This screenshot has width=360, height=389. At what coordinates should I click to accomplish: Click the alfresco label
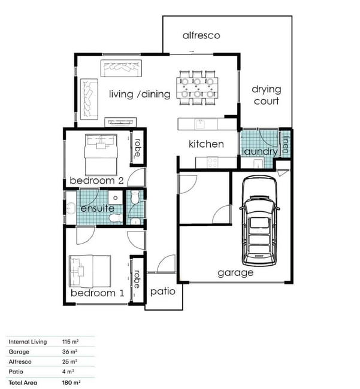201,35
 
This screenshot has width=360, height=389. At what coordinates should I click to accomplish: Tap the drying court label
267,95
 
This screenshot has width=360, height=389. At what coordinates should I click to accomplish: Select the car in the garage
259,221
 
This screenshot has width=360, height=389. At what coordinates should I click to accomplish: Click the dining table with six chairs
198,88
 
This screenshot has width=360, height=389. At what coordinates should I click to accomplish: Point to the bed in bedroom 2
101,155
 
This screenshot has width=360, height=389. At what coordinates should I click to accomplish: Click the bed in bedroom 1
90,271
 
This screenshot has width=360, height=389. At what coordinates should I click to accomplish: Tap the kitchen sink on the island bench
200,123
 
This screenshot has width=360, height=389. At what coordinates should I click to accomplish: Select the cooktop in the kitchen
213,163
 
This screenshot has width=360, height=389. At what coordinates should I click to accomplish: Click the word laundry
260,151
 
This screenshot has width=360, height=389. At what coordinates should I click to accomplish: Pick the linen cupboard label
286,144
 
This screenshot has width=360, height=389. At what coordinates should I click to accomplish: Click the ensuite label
98,208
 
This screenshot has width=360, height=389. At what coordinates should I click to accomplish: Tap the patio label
163,292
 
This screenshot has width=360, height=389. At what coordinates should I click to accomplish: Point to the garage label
235,273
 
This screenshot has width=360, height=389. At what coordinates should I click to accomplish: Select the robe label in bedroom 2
137,148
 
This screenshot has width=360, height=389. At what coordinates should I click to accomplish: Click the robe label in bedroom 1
137,279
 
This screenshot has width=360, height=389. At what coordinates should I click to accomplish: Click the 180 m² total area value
71,382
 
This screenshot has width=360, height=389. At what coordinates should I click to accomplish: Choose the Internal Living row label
28,342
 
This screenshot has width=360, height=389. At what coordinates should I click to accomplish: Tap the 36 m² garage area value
69,352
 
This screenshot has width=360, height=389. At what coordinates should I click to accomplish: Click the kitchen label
206,144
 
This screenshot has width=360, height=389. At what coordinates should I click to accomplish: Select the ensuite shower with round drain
116,197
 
